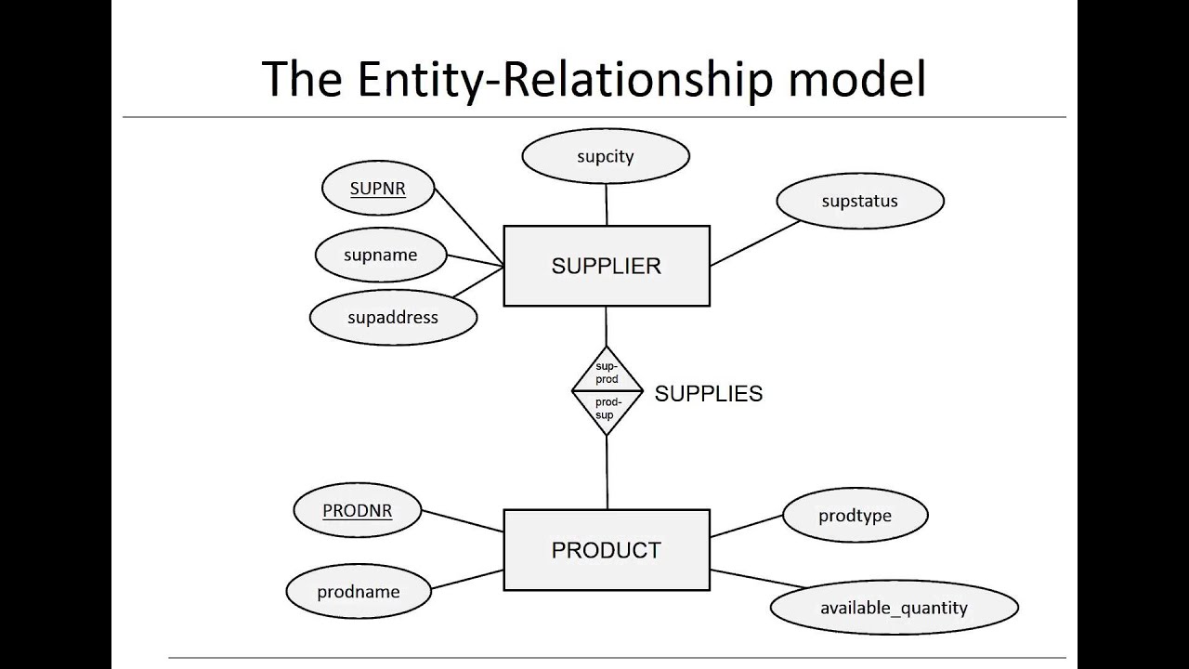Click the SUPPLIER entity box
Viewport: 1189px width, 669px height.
click(x=606, y=266)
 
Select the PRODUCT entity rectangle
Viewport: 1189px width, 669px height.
click(x=606, y=550)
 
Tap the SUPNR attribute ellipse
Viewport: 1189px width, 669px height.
click(x=377, y=190)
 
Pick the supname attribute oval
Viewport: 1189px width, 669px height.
click(x=380, y=256)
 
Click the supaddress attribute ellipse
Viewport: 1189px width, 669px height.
click(x=392, y=318)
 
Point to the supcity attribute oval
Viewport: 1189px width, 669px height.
click(x=605, y=156)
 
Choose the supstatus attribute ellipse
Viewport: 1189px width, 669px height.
click(x=859, y=201)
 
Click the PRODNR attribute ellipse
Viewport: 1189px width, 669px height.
click(x=357, y=511)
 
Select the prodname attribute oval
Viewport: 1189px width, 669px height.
click(x=358, y=592)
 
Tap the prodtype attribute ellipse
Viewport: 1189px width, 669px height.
click(x=855, y=516)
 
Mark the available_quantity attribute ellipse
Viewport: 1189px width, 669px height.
click(x=894, y=609)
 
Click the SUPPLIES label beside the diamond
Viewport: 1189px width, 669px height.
click(x=708, y=394)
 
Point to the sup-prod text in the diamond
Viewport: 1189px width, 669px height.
click(x=607, y=374)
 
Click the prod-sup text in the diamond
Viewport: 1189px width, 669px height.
click(x=606, y=409)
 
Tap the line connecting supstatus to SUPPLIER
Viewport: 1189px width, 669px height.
click(x=754, y=243)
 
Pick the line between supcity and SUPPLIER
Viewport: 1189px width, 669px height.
click(x=606, y=204)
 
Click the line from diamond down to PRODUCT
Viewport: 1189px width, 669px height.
click(x=607, y=474)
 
